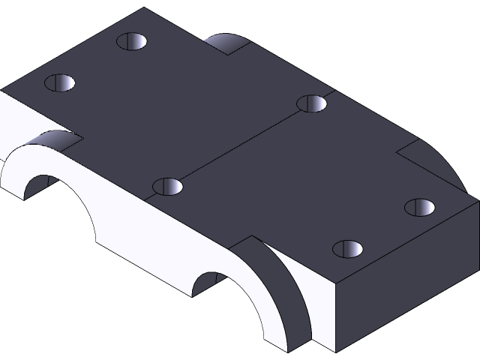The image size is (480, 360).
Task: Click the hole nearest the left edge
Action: point(61,82)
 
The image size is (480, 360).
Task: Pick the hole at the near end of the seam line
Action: point(168,185)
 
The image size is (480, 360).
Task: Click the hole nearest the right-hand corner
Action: point(420,206)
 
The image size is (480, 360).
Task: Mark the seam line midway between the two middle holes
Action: point(240,145)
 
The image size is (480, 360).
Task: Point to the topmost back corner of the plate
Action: point(144,8)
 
